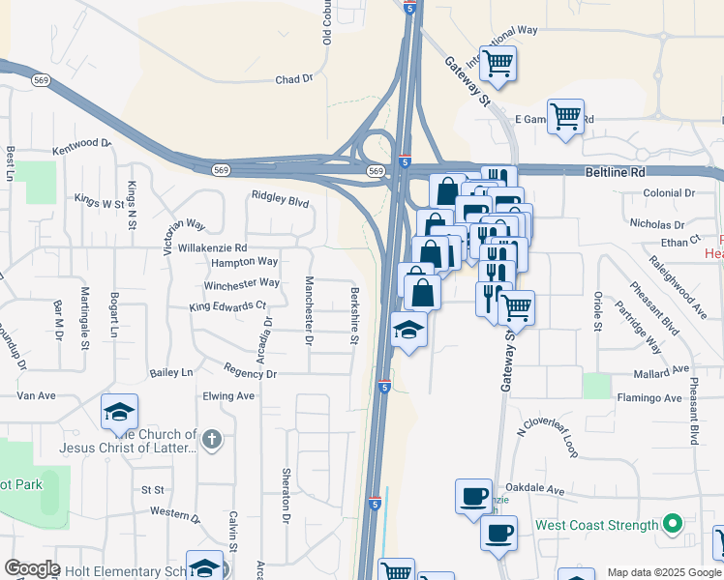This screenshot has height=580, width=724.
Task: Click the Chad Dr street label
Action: [x=295, y=79]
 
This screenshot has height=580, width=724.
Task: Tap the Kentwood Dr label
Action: [x=82, y=144]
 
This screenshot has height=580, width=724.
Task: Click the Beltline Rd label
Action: [x=615, y=171]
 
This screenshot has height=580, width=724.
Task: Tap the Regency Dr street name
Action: [x=250, y=372]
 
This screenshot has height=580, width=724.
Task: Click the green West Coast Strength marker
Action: [x=673, y=526]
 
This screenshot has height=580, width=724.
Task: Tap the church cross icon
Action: [x=212, y=441]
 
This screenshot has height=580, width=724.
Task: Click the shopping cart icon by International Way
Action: [x=498, y=64]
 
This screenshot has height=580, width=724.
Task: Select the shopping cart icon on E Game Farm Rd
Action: [x=565, y=116]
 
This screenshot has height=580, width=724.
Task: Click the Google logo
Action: [x=32, y=568]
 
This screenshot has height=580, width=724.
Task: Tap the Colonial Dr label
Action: [x=669, y=193]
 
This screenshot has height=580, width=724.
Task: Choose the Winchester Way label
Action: [x=241, y=284]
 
